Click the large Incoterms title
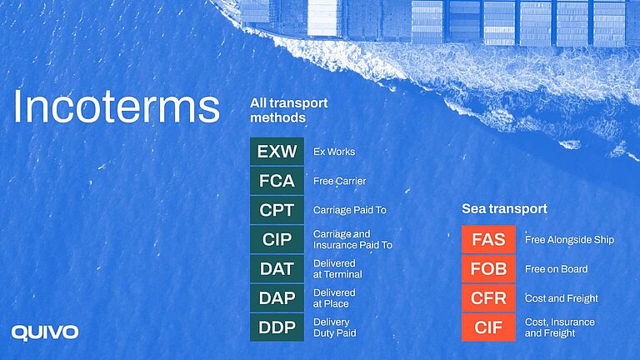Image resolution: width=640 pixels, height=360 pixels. coord(116,107)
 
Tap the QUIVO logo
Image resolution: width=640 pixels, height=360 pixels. coord(45,332)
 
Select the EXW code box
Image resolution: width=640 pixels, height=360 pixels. coord(277,152)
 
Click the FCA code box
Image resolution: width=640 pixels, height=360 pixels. coord(277,181)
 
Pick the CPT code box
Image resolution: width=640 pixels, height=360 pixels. coord(277,210)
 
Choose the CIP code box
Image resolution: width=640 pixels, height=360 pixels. coord(277,240)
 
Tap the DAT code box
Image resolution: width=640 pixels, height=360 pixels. coord(277,269)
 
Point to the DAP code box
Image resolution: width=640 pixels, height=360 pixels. coord(277,298)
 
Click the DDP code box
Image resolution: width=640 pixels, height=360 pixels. coord(277,327)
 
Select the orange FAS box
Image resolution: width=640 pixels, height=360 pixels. coord(488,239)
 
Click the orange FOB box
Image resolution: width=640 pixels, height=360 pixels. coord(488,269)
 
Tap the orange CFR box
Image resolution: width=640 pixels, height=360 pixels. coord(488,298)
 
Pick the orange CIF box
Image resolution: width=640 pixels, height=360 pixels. coord(488,327)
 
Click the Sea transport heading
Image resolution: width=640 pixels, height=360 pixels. coord(504,208)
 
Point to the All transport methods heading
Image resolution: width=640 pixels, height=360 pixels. coord(288,110)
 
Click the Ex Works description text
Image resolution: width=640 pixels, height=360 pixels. coord(334,152)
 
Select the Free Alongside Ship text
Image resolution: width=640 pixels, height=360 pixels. coord(569,240)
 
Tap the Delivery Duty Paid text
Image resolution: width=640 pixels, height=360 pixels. coord(334,327)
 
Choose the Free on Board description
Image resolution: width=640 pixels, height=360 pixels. coord(556,269)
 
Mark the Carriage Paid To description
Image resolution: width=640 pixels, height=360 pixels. coord(349,210)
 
